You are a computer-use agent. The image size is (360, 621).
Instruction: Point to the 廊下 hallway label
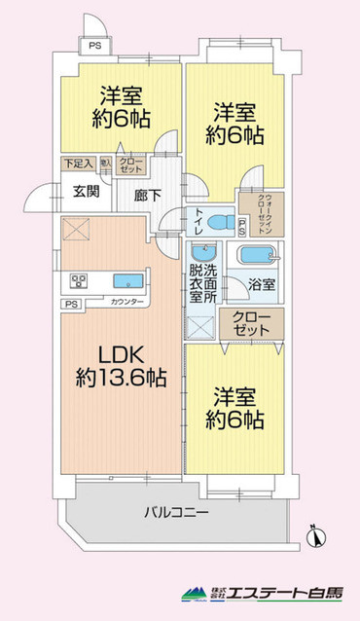coord(133,193)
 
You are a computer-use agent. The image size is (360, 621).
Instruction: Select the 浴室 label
coord(260,288)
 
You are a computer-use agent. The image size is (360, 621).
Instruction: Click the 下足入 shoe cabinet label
coord(79,164)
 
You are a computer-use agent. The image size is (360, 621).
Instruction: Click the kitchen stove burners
coord(78,282)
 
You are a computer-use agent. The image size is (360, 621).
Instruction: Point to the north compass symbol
coord(312,533)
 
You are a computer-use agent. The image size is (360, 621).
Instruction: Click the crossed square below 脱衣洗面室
coord(200,327)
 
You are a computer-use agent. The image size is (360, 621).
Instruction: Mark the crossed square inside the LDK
coord(75,230)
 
